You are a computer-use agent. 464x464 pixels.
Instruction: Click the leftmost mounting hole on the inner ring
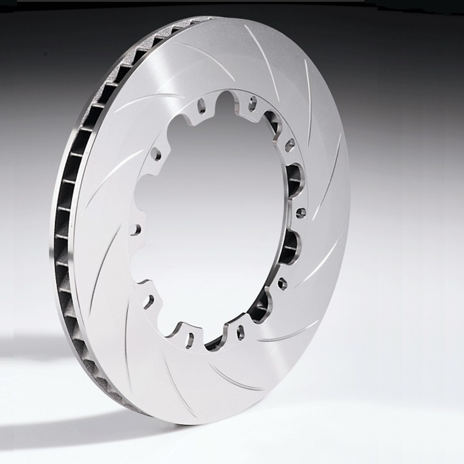pos(138,229)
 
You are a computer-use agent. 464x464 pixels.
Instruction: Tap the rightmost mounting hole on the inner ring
pos(300,213)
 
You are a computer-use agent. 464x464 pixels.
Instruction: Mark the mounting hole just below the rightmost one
pos(282,283)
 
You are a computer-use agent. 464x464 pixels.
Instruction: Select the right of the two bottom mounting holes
pos(240,332)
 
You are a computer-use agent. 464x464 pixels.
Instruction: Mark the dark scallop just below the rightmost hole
pos(292,247)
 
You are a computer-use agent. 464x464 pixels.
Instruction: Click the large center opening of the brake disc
pos(213,219)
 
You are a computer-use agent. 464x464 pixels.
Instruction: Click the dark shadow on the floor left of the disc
pos(42,351)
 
